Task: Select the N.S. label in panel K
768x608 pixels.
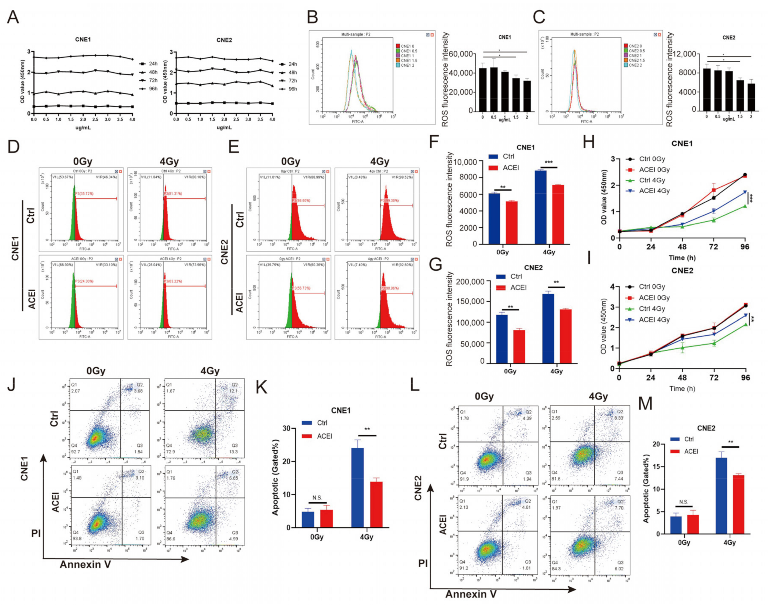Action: point(317,498)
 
